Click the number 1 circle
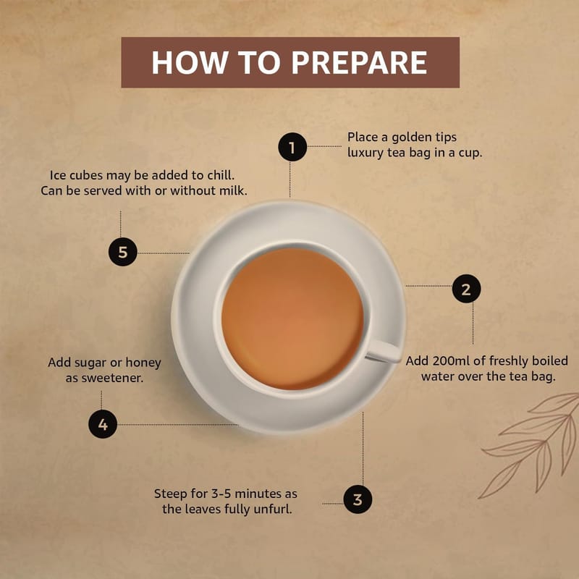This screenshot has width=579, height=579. click(x=292, y=147)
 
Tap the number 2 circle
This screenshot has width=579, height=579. click(x=466, y=288)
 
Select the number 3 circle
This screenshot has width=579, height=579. click(x=358, y=499)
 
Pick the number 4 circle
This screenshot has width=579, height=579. click(x=103, y=424)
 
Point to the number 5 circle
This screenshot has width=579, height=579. click(x=122, y=252)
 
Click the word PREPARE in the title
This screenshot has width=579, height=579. click(x=359, y=62)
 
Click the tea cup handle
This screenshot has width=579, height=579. click(x=384, y=351)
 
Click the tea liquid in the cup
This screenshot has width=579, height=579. click(x=292, y=318)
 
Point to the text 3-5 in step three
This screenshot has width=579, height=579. click(x=221, y=494)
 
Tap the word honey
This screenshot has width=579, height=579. click(x=143, y=363)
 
